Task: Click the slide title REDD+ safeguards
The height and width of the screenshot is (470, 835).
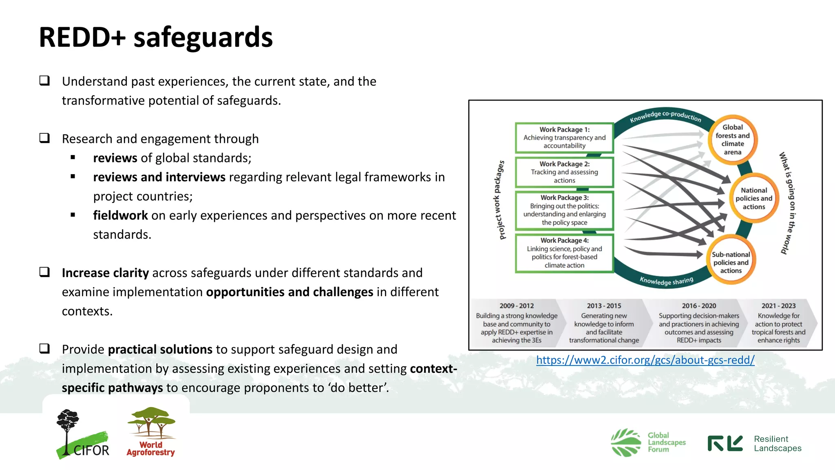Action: [156, 37]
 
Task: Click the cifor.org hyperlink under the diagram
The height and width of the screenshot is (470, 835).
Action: [645, 360]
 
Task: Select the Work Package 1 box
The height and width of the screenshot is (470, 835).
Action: [564, 138]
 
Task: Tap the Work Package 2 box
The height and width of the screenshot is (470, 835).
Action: [564, 172]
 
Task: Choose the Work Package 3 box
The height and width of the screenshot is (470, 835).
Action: [564, 210]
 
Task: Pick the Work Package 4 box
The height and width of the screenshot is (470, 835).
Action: [564, 253]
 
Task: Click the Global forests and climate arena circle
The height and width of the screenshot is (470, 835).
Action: [732, 140]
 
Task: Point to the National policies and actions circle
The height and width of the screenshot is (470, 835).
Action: [753, 198]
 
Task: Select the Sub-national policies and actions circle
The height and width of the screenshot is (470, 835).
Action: [731, 262]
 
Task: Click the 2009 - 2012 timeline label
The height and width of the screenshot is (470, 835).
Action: [517, 306]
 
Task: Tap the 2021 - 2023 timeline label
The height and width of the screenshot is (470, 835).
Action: [778, 306]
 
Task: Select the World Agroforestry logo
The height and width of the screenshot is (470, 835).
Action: [151, 432]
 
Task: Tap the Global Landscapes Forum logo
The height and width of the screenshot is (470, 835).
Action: [648, 443]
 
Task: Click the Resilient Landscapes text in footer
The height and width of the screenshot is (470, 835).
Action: [777, 443]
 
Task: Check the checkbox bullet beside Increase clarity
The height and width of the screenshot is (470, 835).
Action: [44, 272]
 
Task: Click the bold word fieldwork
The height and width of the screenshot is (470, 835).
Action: [120, 215]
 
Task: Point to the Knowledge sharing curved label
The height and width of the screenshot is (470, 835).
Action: [666, 281]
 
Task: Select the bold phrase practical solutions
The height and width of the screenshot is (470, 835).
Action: [160, 350]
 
